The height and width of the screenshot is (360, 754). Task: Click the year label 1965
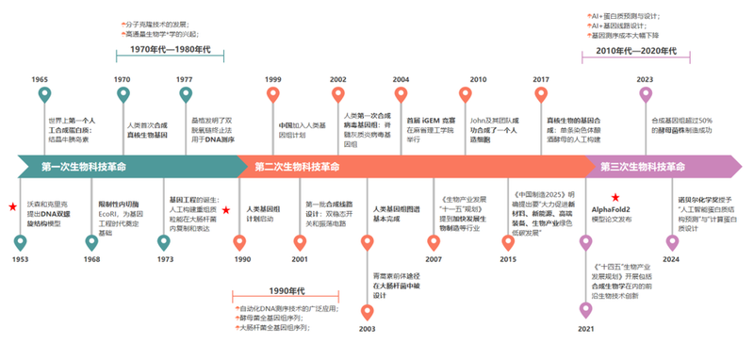40,80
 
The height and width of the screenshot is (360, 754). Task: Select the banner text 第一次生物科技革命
84,167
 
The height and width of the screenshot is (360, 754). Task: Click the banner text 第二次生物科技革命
297,167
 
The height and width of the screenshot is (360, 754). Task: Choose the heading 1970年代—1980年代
170,48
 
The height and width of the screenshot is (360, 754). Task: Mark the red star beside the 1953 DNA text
12,205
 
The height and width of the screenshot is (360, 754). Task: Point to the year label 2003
367,329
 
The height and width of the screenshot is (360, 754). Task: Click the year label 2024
671,258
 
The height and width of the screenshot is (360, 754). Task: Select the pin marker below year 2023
646,96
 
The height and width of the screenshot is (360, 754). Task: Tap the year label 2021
586,329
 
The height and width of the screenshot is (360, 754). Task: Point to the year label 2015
508,258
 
